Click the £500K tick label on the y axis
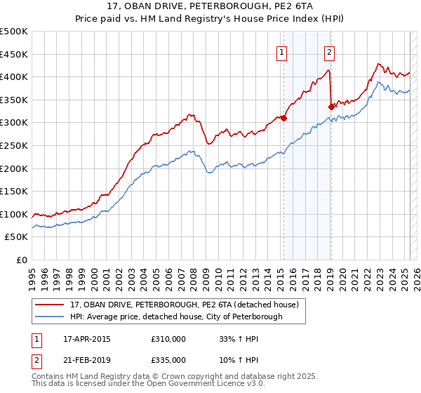[x=13, y=32]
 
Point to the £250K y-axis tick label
[x=13, y=145]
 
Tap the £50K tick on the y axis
[x=16, y=237]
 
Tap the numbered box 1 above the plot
[x=281, y=51]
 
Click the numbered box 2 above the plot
[x=329, y=51]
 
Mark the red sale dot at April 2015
[x=284, y=119]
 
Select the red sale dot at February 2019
[x=331, y=107]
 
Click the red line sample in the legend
[x=50, y=305]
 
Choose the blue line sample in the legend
[x=50, y=317]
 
